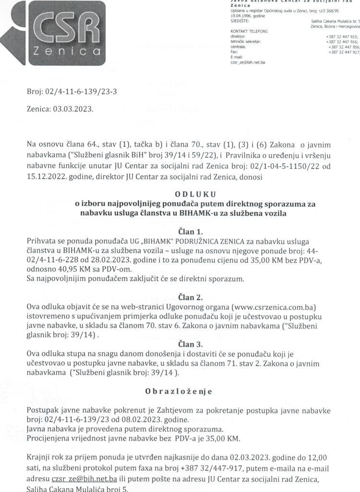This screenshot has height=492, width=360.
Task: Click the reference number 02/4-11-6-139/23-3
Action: (x=81, y=91)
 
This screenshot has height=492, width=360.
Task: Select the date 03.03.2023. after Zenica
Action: (x=74, y=109)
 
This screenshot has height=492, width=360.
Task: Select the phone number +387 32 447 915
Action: (x=341, y=37)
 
